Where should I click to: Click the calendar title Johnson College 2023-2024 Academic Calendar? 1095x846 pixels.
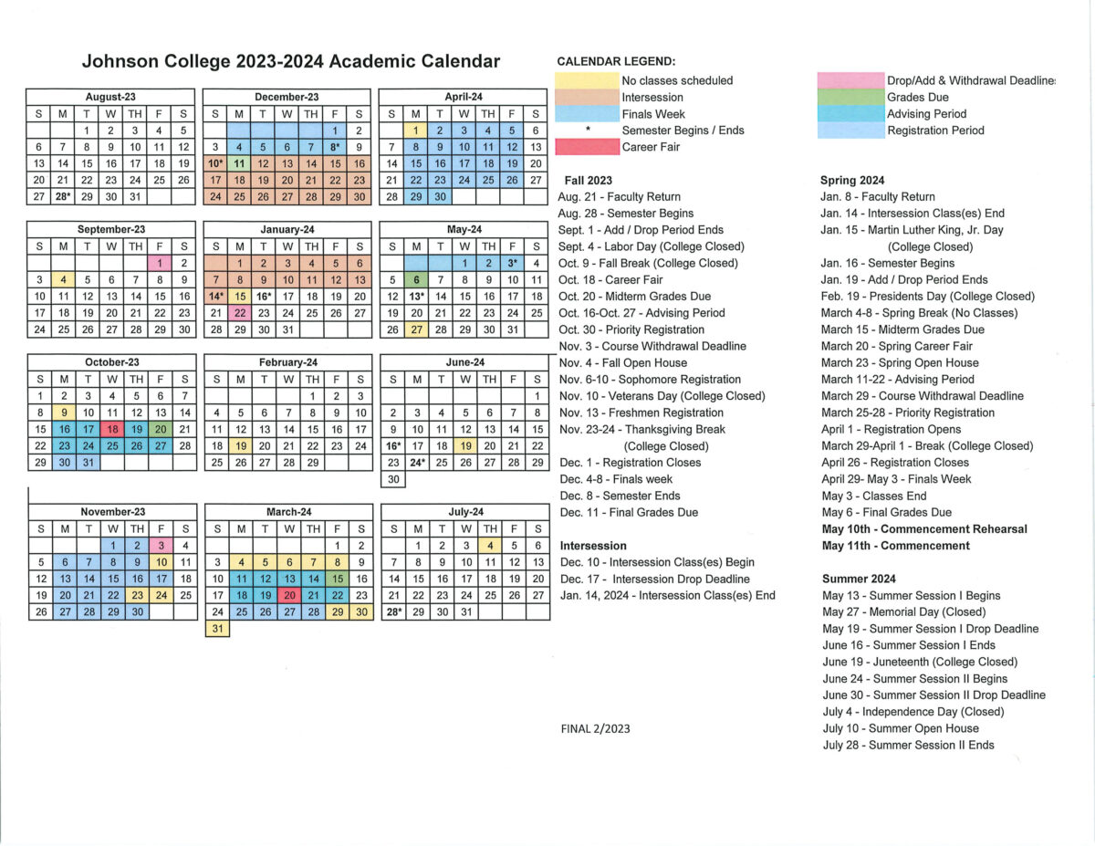tap(291, 62)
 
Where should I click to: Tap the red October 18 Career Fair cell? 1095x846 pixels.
tap(111, 429)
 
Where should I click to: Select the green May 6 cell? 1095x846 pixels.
tap(416, 280)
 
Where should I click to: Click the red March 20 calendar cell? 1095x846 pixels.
tap(289, 595)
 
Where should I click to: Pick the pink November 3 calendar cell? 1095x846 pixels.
tap(160, 546)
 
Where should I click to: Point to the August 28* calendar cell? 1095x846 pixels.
tap(62, 196)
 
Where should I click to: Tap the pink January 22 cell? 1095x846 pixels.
tap(240, 313)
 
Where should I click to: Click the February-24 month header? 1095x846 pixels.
tap(287, 362)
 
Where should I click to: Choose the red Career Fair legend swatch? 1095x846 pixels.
tap(587, 147)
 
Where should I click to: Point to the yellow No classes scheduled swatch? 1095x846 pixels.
tap(587, 80)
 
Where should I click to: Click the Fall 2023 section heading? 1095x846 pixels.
tap(589, 181)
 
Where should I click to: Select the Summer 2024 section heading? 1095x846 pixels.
tap(859, 579)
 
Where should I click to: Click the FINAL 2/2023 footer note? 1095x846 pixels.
tap(595, 728)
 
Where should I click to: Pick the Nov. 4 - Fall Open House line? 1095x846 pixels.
tap(623, 362)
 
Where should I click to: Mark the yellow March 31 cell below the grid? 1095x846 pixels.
tap(217, 629)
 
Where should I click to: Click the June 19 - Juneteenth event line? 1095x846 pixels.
tap(919, 662)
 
